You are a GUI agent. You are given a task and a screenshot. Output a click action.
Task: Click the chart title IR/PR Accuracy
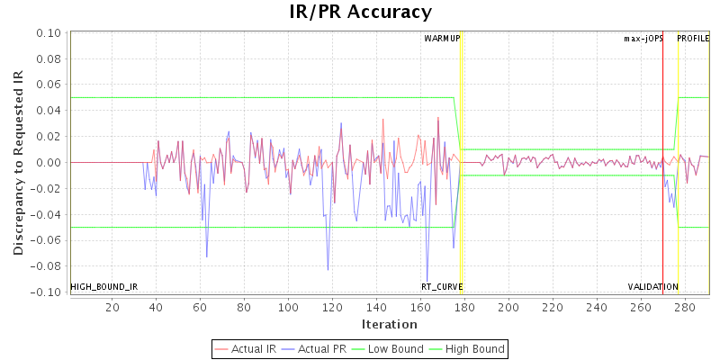click(360, 13)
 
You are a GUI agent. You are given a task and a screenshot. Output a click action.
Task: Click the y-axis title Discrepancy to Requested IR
click(18, 162)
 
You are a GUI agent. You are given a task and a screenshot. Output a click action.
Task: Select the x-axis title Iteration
click(389, 324)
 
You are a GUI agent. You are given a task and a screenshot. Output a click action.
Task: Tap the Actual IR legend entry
click(246, 348)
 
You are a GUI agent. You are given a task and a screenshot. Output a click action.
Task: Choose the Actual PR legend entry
click(316, 348)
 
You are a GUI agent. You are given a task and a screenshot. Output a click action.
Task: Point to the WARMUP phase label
click(442, 39)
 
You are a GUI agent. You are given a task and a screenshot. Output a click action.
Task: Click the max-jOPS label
click(643, 39)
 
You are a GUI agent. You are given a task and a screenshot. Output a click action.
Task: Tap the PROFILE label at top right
click(693, 39)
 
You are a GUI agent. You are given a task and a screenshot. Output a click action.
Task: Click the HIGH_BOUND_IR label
click(103, 287)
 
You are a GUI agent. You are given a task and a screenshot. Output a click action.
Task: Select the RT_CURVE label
click(442, 287)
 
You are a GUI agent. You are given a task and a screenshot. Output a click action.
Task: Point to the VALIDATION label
click(653, 287)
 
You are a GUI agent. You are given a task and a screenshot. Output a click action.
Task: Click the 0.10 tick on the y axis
click(48, 33)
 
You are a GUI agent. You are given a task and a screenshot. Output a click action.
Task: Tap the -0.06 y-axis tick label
click(45, 240)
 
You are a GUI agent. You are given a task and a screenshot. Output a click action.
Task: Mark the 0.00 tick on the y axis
click(48, 163)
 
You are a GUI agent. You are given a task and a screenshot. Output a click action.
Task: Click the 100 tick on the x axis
click(288, 308)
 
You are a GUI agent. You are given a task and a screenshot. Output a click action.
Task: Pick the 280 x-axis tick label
click(684, 308)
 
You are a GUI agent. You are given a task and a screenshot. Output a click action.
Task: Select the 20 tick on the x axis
click(112, 308)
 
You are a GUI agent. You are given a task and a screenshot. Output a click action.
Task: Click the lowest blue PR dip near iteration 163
click(427, 282)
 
